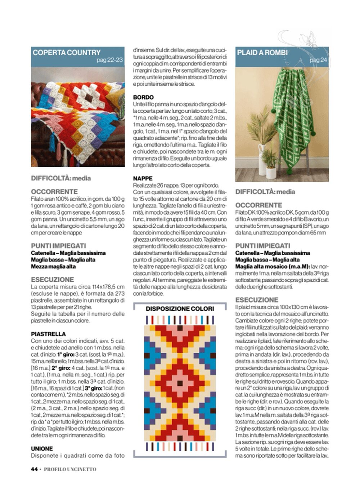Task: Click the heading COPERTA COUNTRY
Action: coord(67,53)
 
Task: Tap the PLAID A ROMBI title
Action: coord(262,53)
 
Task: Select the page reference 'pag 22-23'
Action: coord(109,60)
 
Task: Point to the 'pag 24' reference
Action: coord(318,60)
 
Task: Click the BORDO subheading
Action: coord(143,97)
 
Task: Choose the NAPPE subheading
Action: coord(143,178)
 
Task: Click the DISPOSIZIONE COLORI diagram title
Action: coord(180,309)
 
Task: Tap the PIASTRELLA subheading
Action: coord(48,334)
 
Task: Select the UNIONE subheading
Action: coord(42,448)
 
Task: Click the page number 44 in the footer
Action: coord(34,469)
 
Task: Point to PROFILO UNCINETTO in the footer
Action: coord(70,469)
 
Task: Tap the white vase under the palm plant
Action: coord(262,158)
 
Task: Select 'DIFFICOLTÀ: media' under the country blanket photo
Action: coord(61,178)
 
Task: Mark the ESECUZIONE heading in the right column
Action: coord(257,300)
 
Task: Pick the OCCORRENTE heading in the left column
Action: coord(54,192)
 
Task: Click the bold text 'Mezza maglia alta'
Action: coord(53,267)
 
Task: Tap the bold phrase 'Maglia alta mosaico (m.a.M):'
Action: coord(273,267)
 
